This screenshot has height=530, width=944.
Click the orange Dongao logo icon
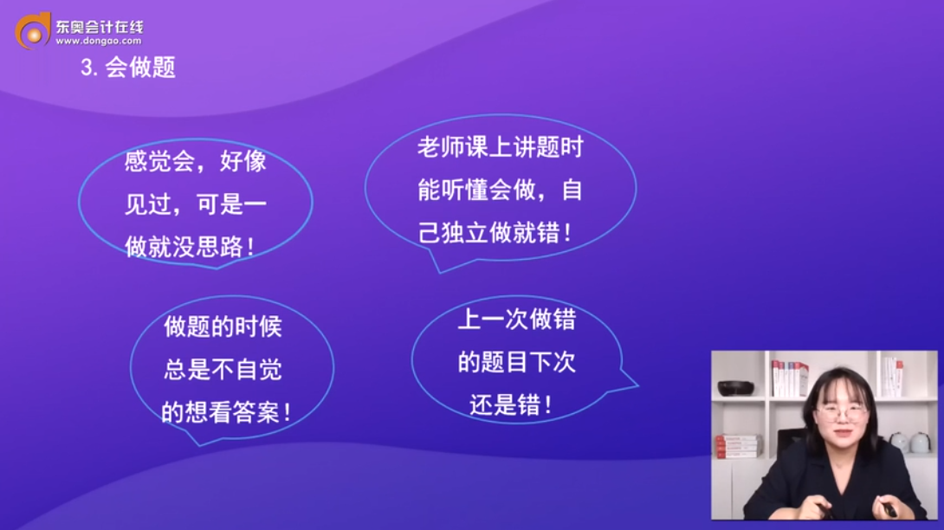point(33,30)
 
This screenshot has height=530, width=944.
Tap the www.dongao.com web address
point(99,41)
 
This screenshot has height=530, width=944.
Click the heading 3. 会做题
point(128,68)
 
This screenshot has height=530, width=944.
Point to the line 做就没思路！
point(191,247)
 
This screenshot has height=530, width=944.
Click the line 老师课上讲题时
point(500,147)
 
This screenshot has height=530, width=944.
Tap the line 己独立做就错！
point(495,233)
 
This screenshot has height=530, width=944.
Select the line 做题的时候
point(223,326)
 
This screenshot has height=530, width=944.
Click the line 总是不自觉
point(223,370)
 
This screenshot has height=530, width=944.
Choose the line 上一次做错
point(516,320)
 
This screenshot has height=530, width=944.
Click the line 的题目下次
point(516,362)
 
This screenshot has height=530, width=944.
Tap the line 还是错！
point(511,404)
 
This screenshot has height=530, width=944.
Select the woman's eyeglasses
point(839,413)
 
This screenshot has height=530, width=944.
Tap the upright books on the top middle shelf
point(790,378)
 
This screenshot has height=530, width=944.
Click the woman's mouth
point(838,433)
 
